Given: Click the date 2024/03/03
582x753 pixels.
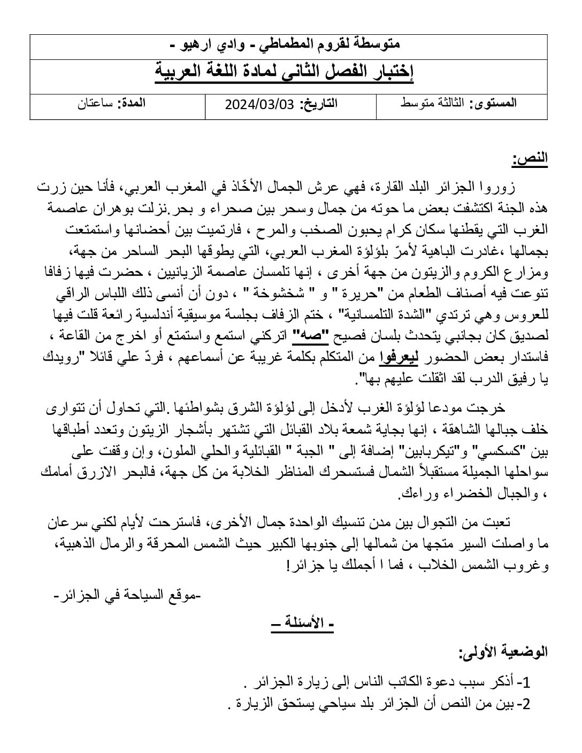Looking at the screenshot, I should [x=259, y=104].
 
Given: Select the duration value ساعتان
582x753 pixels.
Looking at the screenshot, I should [x=95, y=104].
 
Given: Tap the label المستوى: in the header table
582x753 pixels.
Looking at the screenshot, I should [x=493, y=104].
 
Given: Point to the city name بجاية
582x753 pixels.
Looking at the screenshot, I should [x=335, y=431].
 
